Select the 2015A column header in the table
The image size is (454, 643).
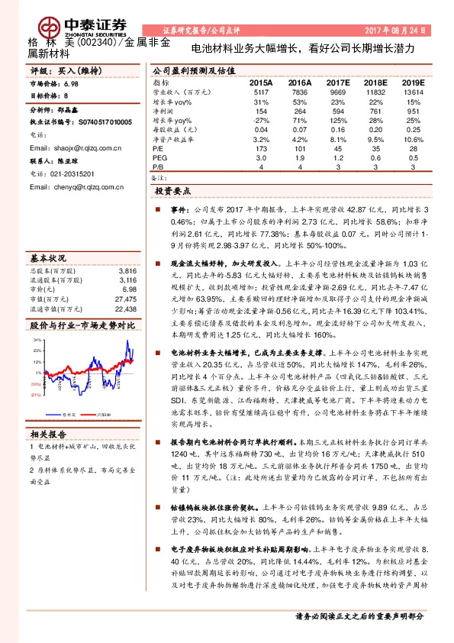[x=261, y=82]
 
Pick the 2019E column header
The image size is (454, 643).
[x=413, y=82]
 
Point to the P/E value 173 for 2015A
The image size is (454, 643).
[x=261, y=148]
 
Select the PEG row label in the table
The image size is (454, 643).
[x=160, y=157]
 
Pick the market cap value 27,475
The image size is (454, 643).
[x=127, y=299]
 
